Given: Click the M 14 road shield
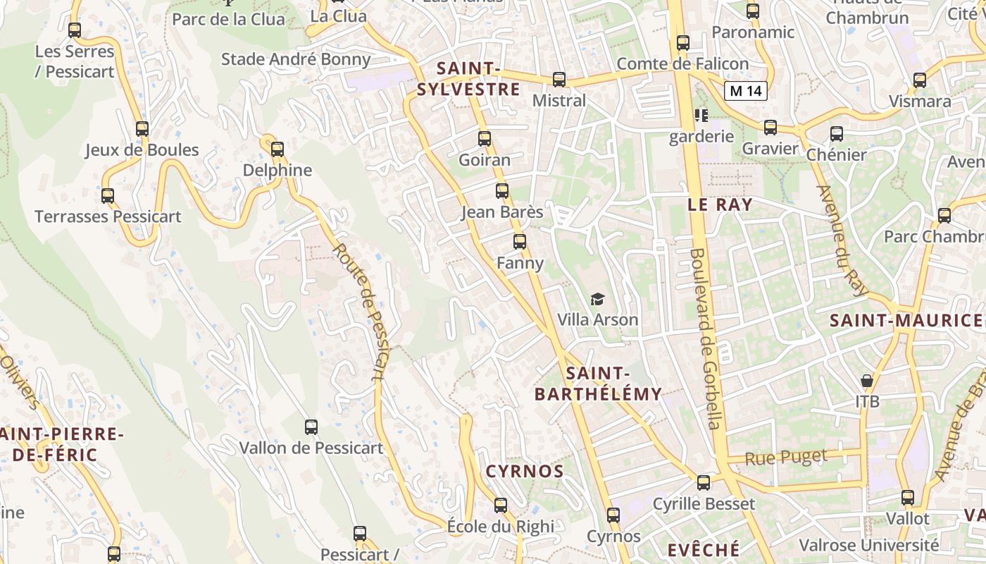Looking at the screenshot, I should click(746, 90).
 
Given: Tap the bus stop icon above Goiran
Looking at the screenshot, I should click(485, 139).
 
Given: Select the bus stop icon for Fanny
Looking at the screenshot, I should click(520, 242).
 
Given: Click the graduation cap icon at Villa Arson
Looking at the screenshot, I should click(597, 300).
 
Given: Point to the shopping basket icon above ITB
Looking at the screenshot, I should click(867, 381).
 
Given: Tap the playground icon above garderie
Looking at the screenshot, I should click(701, 115).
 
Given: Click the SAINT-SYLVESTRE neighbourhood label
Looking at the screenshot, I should click(468, 79).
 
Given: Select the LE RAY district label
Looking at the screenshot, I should click(720, 205).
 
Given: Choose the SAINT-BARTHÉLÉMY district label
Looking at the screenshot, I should click(598, 384).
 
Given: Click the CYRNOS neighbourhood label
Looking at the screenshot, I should click(525, 472).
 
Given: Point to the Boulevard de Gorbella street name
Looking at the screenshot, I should click(706, 338).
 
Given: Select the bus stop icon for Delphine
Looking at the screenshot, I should click(277, 149).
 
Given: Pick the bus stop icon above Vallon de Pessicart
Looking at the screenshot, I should click(311, 427).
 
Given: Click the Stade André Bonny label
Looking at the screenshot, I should click(296, 59).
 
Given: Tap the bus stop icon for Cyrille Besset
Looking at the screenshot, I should click(704, 483).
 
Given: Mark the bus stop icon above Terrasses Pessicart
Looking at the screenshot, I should click(108, 196).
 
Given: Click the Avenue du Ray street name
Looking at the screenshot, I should click(843, 240).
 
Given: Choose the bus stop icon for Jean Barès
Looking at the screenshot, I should click(502, 191).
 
